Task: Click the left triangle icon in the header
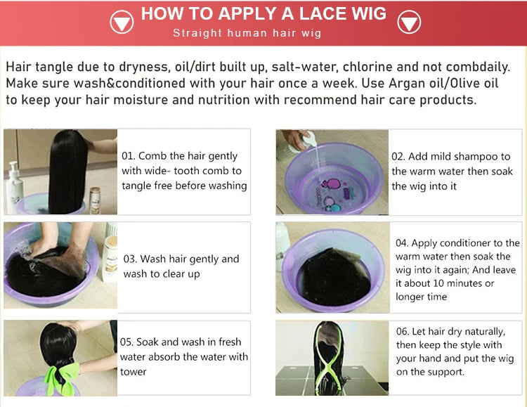pyautogui.click(x=122, y=22)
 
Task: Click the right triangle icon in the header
pyautogui.click(x=409, y=22)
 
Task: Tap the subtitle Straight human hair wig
pyautogui.click(x=247, y=33)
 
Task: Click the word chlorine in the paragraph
pyautogui.click(x=367, y=67)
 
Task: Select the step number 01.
pyautogui.click(x=128, y=156)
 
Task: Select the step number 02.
pyautogui.click(x=398, y=157)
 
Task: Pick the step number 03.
pyautogui.click(x=130, y=259)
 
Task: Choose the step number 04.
pyautogui.click(x=402, y=243)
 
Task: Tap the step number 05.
pyautogui.click(x=126, y=342)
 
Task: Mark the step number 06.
pyautogui.click(x=403, y=332)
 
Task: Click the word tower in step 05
pyautogui.click(x=133, y=372)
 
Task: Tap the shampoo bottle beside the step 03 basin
pyautogui.click(x=110, y=257)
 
